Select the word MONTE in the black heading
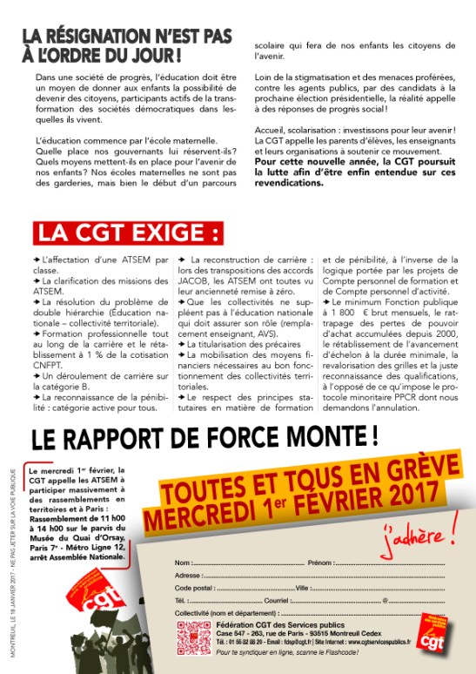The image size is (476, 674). pyautogui.click(x=326, y=433)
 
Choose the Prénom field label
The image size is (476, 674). pyautogui.click(x=320, y=563)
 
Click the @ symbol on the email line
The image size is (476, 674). pyautogui.click(x=385, y=601)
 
